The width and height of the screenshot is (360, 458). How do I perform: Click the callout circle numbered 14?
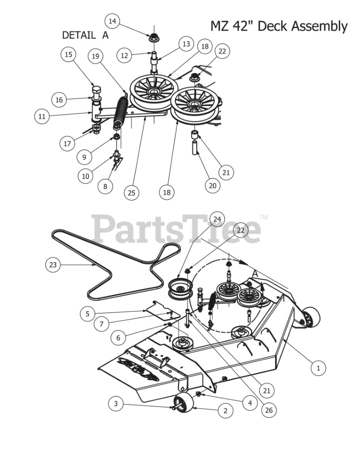[x=112, y=21]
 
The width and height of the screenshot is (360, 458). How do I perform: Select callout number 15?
[x=68, y=54]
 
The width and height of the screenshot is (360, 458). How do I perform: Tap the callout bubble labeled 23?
[x=53, y=265]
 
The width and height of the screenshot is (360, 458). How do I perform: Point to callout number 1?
[x=318, y=367]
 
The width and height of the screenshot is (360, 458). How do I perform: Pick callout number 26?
[x=268, y=410]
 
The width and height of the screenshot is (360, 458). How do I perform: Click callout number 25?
[x=131, y=193]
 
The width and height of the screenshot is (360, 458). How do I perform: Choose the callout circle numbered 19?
[x=95, y=56]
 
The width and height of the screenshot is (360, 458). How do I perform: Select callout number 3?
[x=116, y=404]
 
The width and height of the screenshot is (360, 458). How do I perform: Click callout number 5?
[x=88, y=314]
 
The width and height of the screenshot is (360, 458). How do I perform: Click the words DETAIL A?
[x=85, y=35]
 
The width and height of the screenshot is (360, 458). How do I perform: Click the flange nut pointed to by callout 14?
[x=154, y=37]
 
